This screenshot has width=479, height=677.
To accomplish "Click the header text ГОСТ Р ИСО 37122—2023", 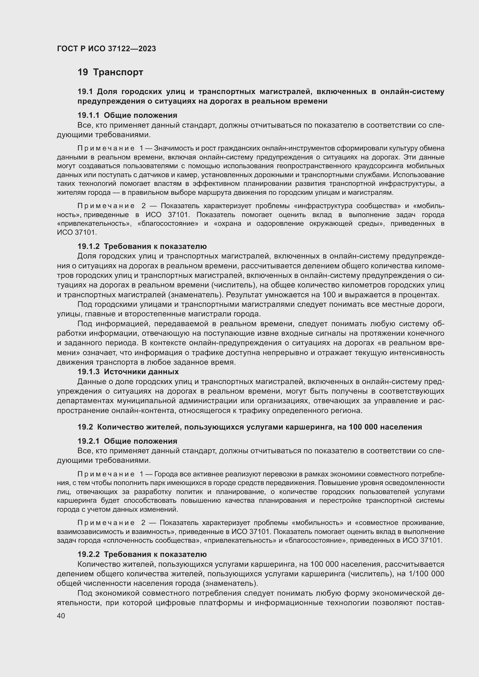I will (x=106, y=49).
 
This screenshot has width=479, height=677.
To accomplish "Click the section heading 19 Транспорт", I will (x=110, y=72).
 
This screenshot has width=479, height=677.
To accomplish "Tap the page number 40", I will (x=61, y=616).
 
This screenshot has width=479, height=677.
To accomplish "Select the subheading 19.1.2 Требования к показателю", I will (x=142, y=246).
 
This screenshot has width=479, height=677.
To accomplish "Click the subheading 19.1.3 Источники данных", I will (x=128, y=372).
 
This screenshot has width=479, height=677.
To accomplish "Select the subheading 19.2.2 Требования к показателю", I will (x=142, y=554).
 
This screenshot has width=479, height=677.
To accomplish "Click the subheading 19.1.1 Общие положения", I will (x=127, y=115).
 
